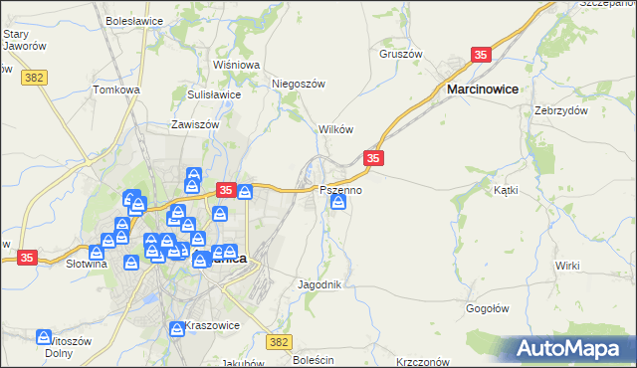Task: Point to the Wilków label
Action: point(335,130)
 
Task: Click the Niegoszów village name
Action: point(299,84)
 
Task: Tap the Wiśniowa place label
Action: point(236,65)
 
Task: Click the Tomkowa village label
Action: point(115,90)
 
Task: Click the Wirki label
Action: point(567,266)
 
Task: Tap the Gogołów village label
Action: point(489,308)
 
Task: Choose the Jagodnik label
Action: point(320,284)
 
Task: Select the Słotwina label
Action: point(86,265)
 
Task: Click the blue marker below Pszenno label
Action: point(338,204)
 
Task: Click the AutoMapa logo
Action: point(572,348)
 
